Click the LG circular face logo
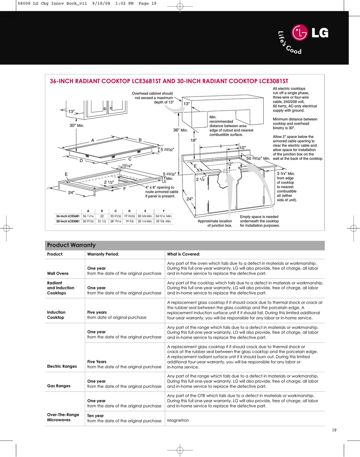pyautogui.click(x=300, y=33)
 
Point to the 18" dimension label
pyautogui.click(x=194, y=140)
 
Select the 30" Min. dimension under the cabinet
pyautogui.click(x=76, y=126)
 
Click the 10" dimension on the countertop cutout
pyautogui.click(x=243, y=148)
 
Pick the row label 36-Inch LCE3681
pyautogui.click(x=68, y=216)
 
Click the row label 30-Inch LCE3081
pyautogui.click(x=68, y=221)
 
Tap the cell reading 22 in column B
pyautogui.click(x=102, y=216)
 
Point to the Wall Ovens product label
pyautogui.click(x=58, y=273)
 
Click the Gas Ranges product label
pyautogui.click(x=58, y=386)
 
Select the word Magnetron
pyautogui.click(x=178, y=420)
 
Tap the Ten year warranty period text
pyautogui.click(x=95, y=415)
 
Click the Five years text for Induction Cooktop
pyautogui.click(x=97, y=312)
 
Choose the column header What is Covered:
pyautogui.click(x=183, y=254)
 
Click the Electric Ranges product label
pyautogui.click(x=62, y=366)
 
